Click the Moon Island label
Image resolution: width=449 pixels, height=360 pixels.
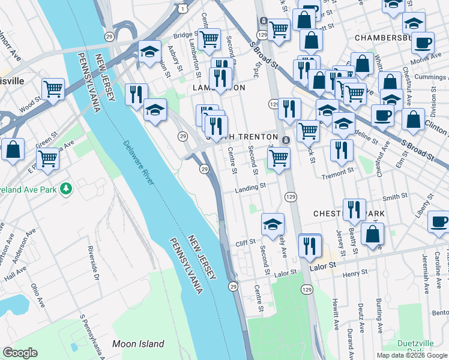138,344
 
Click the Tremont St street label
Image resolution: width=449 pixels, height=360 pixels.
337,172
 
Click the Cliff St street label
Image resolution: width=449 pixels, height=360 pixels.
246,242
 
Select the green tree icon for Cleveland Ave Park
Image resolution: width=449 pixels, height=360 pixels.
65,189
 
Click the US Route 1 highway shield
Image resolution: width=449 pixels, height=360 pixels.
181,8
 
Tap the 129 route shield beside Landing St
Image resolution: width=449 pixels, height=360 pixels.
291,197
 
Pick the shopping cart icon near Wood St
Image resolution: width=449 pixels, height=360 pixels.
53,89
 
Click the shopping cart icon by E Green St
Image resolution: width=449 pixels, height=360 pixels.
48,159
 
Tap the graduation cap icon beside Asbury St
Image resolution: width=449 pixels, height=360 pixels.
149,52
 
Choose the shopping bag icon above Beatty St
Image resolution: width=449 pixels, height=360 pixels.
373,234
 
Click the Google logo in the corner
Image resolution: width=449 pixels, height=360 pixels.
20,353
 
